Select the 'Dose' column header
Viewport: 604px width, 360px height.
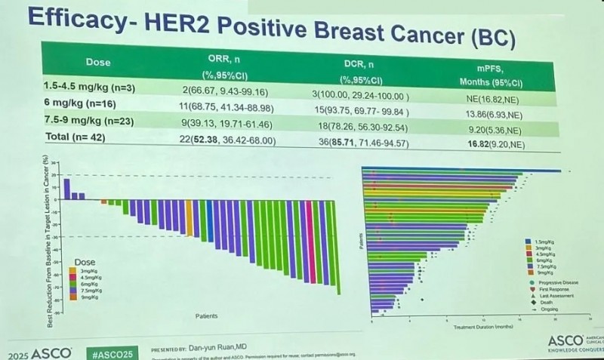tap(98, 62)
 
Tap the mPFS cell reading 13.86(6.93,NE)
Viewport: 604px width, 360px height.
tap(498, 112)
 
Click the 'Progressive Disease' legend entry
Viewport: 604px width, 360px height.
tap(559, 282)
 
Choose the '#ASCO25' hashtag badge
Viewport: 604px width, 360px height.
tap(109, 352)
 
